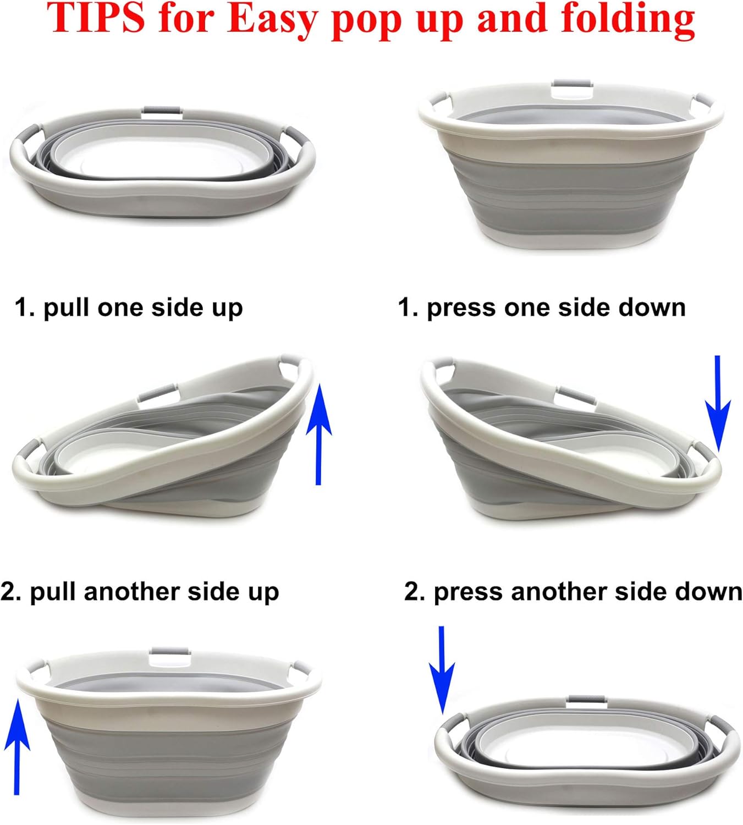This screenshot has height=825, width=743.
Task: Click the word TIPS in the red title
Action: click(96, 18)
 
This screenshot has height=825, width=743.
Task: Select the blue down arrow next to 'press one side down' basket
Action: click(717, 404)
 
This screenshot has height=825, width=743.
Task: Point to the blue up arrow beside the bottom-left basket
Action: click(17, 745)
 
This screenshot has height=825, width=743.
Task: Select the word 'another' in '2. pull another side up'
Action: click(131, 592)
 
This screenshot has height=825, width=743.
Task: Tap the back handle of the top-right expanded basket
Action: click(572, 88)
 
